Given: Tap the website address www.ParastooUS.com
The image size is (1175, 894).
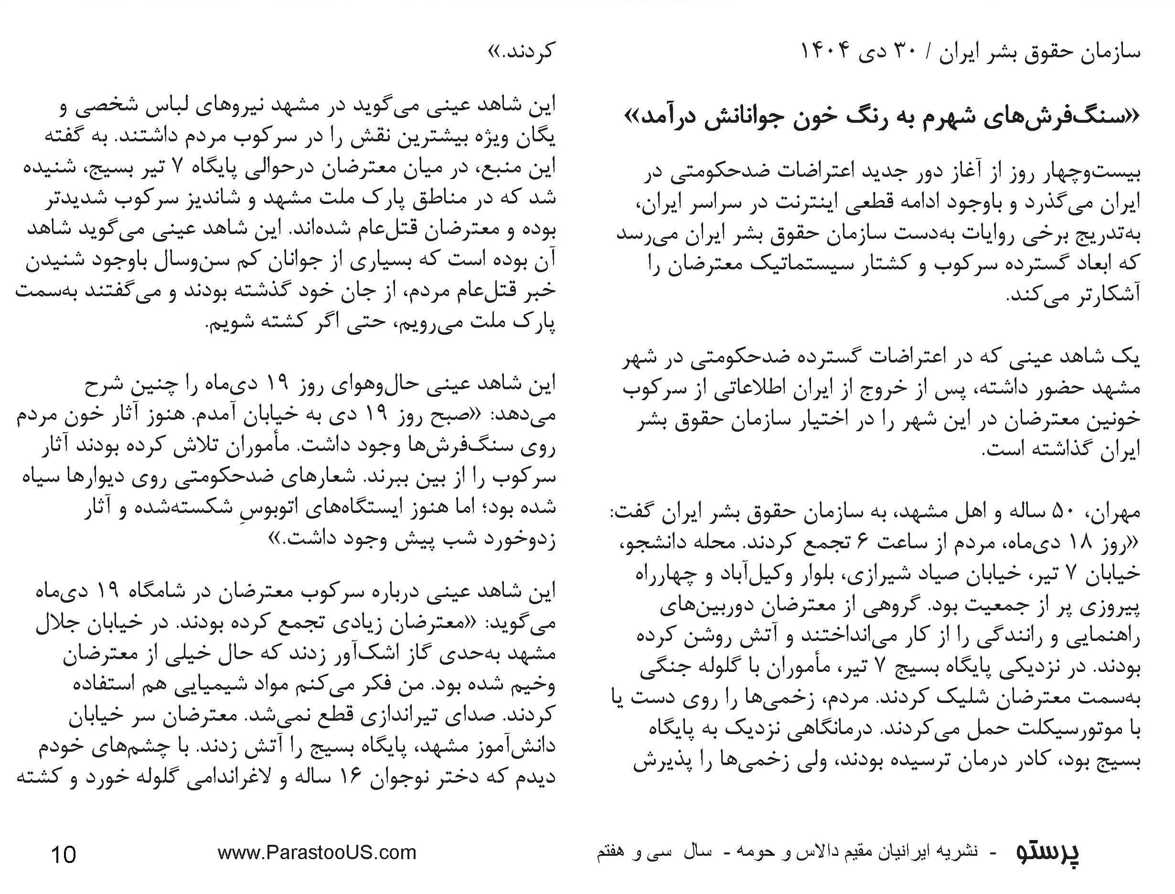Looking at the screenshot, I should [x=317, y=853].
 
